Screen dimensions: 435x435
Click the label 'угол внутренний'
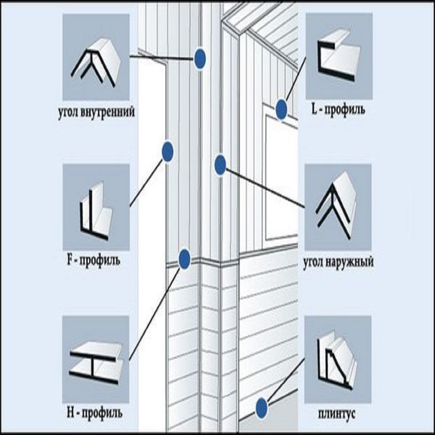tap(97, 112)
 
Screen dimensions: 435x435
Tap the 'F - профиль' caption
tap(94, 260)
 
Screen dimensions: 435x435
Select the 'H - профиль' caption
tap(94, 413)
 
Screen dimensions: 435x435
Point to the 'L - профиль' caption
tap(338, 109)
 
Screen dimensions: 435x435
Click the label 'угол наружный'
tap(338, 262)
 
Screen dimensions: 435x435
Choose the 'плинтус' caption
tap(336, 414)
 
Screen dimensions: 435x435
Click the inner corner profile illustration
tap(96, 57)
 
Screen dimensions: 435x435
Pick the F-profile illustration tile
tap(96, 207)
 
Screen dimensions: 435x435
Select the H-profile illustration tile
tap(95, 360)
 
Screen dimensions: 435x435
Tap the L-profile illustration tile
tap(339, 56)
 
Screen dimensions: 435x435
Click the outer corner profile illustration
tap(338, 207)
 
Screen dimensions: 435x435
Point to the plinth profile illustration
tap(338, 360)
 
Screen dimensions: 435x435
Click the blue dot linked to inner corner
tap(200, 59)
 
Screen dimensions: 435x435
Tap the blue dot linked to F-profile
tap(168, 152)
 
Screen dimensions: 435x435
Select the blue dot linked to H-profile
tap(184, 260)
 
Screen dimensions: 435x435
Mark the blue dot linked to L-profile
tap(281, 109)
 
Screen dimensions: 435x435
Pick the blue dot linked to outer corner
tap(220, 164)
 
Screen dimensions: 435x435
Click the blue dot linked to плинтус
tap(261, 408)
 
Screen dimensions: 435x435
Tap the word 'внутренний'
tap(109, 111)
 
